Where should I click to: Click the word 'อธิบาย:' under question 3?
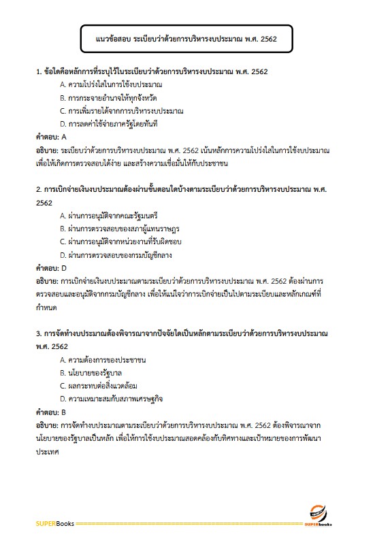tap(47, 425)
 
